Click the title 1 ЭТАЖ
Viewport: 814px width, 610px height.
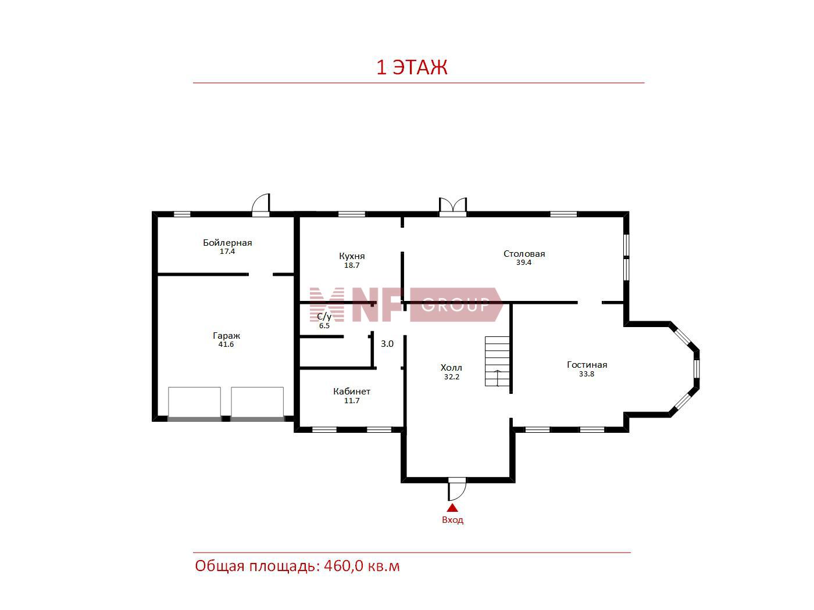pos(412,67)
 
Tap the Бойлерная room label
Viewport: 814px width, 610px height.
pos(227,243)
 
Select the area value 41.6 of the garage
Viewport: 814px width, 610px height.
pos(226,344)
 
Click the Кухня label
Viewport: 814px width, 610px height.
pos(352,256)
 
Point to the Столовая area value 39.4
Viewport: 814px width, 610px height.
pos(524,262)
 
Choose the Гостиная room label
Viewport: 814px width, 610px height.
pos(587,365)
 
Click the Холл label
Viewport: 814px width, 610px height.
pos(451,368)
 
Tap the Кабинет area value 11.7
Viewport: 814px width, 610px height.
pos(352,400)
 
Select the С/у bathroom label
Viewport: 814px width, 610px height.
pos(324,317)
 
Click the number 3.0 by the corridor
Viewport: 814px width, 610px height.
pos(387,344)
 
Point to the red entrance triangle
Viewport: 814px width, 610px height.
pos(452,508)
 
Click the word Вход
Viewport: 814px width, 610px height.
pos(452,520)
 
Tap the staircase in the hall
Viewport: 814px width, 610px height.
pos(497,361)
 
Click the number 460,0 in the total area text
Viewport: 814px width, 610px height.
pos(344,566)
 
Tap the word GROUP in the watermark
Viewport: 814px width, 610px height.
pos(455,305)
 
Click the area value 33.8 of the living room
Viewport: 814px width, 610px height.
pos(587,374)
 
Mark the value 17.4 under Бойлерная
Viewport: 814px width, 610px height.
pos(227,252)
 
